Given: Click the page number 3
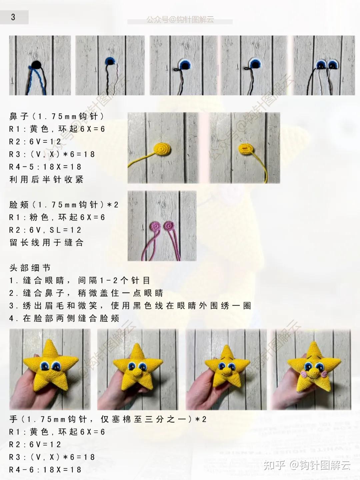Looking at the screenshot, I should coord(13,17).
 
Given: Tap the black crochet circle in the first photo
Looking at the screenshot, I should coord(36,64).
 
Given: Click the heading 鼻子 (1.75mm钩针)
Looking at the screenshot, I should coord(56,116).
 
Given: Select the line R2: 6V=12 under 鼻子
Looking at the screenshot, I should coord(35,142).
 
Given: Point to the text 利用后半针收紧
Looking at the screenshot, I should coord(46,179).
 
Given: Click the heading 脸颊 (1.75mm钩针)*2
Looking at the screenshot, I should coord(64,205).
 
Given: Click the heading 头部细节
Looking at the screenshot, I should coord(30,268).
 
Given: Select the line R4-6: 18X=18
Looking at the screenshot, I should coord(45,470).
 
